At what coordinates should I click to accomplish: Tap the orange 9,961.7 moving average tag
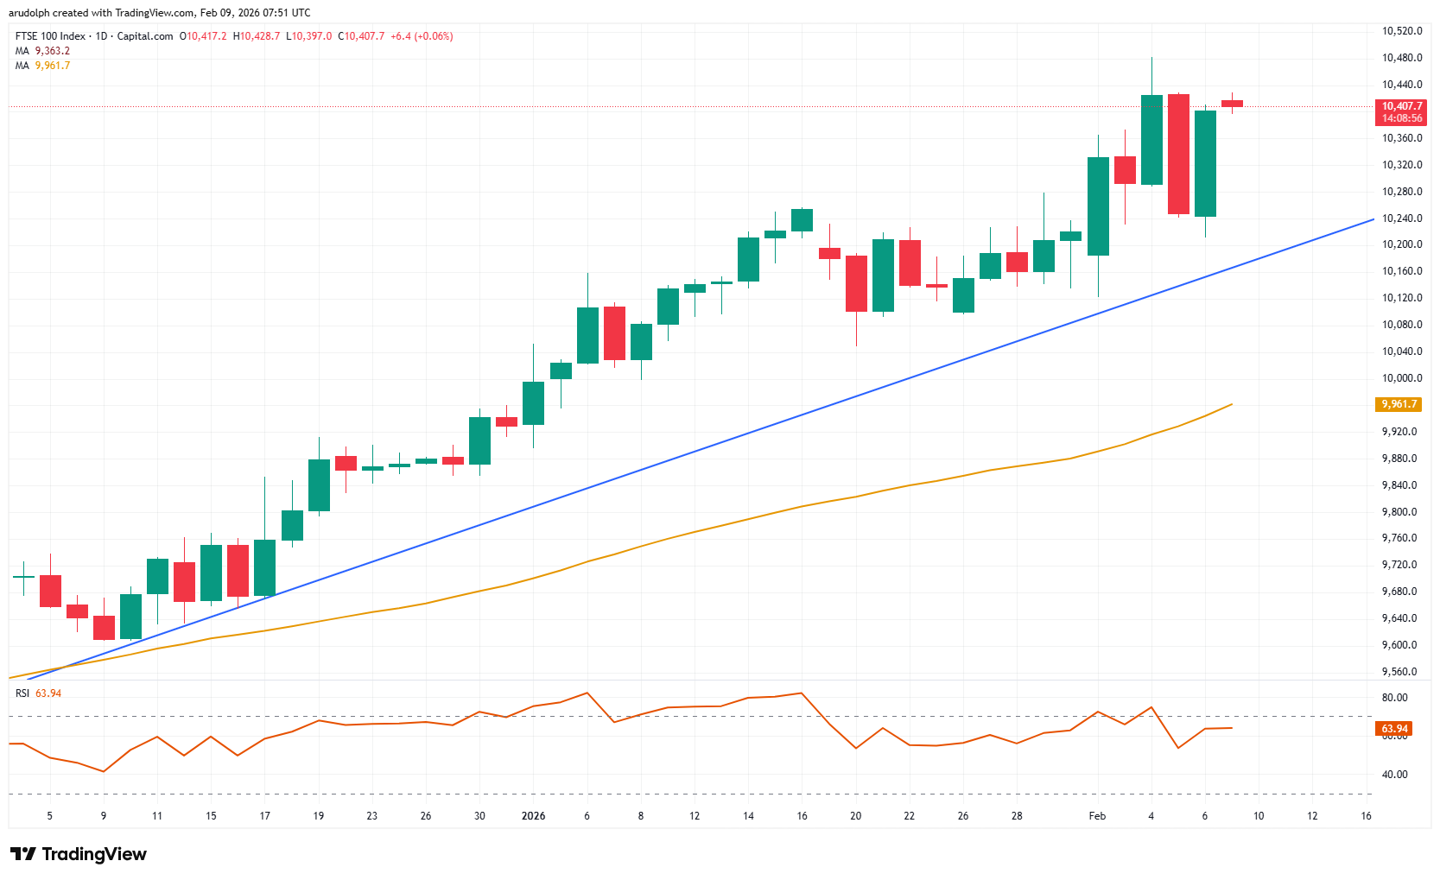(x=1398, y=404)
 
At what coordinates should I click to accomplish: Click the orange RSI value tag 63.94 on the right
(x=1394, y=729)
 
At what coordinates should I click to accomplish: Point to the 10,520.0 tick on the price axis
(x=1401, y=31)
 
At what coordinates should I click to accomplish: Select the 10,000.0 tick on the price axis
(x=1401, y=378)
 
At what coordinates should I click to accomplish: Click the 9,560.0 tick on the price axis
(x=1401, y=672)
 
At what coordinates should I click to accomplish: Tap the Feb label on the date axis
(x=1097, y=816)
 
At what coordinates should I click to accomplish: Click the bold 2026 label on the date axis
(x=533, y=816)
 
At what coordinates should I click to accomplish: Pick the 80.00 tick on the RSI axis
(x=1394, y=698)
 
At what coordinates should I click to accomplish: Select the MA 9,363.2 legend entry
(x=43, y=51)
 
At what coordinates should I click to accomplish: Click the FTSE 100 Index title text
(x=50, y=36)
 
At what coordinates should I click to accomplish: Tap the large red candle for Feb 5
(x=1178, y=154)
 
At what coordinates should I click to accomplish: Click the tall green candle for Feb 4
(x=1151, y=140)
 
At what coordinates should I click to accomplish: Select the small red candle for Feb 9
(x=1232, y=104)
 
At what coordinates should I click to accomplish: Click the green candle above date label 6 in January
(x=587, y=335)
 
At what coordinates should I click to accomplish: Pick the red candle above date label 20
(x=856, y=283)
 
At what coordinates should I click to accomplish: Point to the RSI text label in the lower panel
(x=22, y=693)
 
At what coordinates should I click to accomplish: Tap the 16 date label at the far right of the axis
(x=1366, y=816)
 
